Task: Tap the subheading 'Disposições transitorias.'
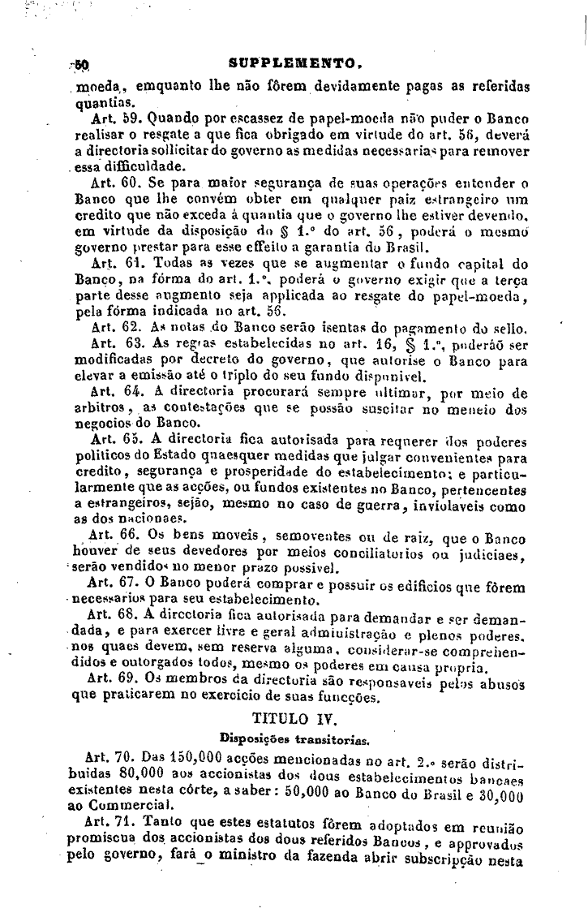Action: pos(294,738)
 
